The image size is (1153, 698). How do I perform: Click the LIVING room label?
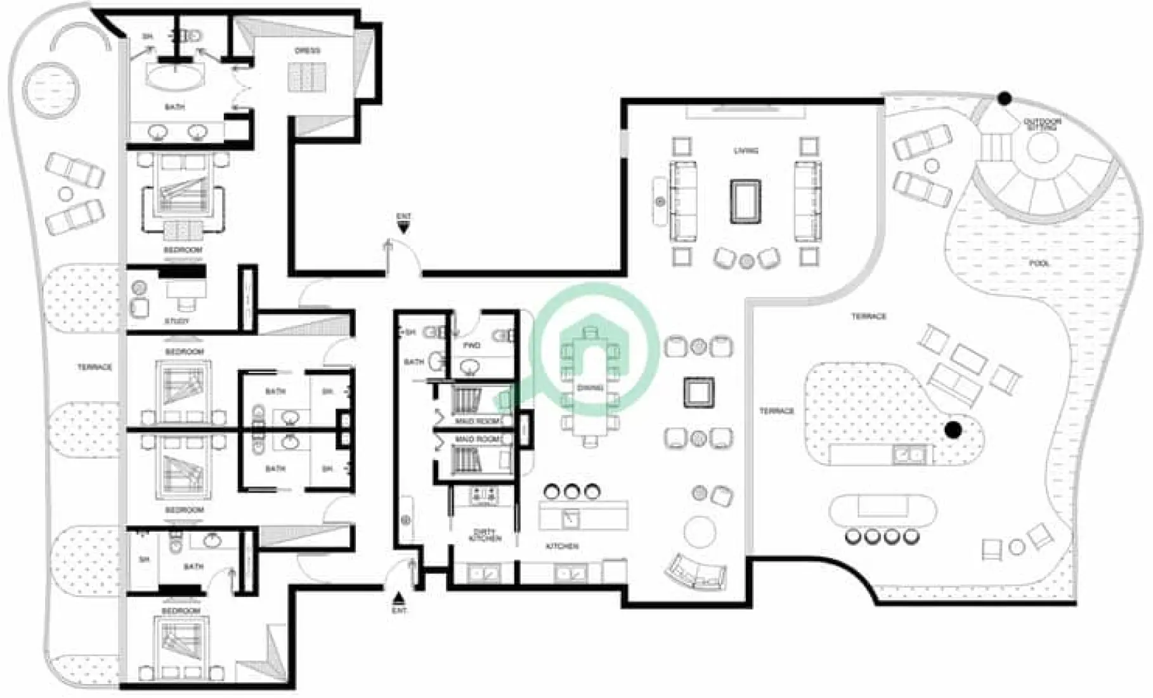(x=745, y=151)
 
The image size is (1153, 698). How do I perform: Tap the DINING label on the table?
(x=590, y=388)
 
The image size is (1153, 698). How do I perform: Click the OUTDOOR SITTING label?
(x=1042, y=124)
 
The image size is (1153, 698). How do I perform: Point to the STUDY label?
(x=177, y=321)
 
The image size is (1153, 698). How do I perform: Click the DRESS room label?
(x=308, y=51)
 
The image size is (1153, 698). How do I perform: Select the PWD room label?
(x=471, y=346)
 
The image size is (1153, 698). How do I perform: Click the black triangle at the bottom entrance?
(x=399, y=598)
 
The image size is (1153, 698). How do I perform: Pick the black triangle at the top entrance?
(x=403, y=226)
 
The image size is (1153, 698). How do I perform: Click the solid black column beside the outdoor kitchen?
(x=953, y=430)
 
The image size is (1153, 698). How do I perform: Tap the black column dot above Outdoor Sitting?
(x=1004, y=98)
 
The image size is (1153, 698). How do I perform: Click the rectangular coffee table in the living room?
(x=745, y=201)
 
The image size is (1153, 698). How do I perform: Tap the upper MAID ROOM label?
(x=477, y=421)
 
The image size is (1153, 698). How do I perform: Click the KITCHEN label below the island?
(x=561, y=546)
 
